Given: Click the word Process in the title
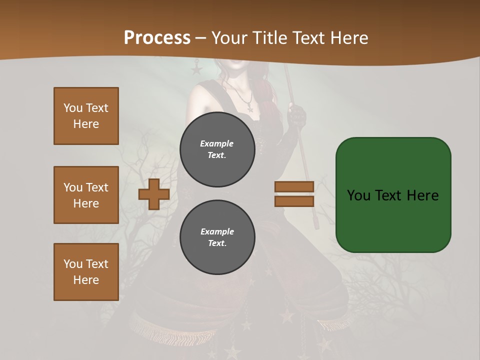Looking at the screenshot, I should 157,37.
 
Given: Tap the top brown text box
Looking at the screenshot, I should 86,116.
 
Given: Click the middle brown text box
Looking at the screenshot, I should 86,195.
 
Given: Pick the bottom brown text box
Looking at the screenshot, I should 86,271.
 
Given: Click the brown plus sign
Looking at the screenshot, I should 154,194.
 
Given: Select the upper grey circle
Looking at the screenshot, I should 217,149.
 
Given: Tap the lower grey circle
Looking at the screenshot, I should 217,237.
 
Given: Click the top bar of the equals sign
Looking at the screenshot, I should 294,187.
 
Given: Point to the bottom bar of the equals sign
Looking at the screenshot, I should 294,201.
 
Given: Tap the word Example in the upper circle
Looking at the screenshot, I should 217,143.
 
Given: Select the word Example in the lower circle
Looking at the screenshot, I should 217,231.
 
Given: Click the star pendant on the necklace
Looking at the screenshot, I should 249,108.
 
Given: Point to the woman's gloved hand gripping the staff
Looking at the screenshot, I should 298,115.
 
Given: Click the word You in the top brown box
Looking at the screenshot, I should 73,108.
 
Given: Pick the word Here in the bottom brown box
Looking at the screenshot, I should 86,280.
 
